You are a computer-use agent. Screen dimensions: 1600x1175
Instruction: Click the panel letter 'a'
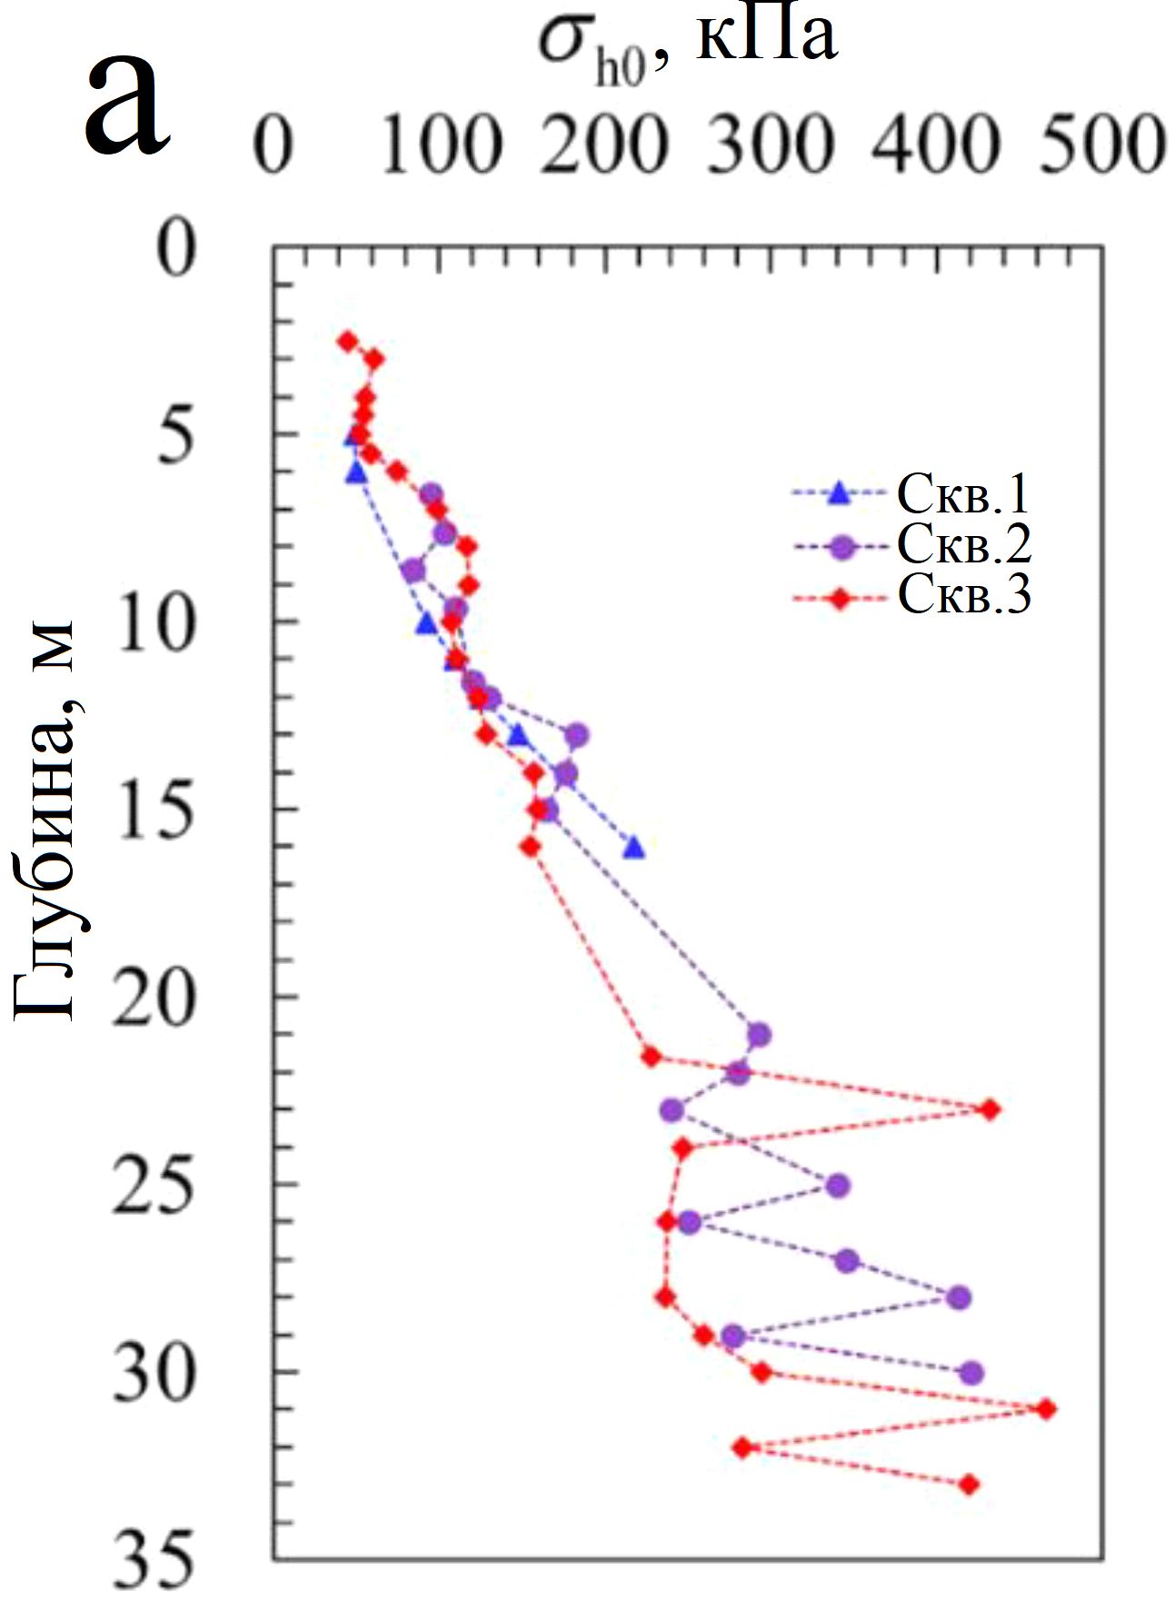tap(127, 104)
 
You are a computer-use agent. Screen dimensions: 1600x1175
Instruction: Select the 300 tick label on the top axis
tap(770, 146)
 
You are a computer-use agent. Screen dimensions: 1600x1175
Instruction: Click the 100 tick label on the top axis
tap(440, 146)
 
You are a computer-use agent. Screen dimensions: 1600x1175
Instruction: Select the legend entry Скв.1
tap(963, 495)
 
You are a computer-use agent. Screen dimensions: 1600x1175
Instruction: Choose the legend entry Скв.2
tap(963, 546)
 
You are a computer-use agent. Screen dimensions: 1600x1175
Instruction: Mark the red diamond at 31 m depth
tap(1047, 1409)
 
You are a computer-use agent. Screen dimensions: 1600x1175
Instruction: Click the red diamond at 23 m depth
tap(991, 1109)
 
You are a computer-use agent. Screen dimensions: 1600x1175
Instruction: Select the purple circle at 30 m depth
tap(971, 1372)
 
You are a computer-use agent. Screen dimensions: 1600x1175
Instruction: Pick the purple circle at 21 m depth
tap(759, 1035)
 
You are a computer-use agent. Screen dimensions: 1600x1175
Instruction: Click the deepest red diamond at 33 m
tap(970, 1485)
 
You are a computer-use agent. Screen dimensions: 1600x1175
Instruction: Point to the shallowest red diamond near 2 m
tap(346, 341)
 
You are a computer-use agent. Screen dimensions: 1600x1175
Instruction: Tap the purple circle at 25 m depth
tap(837, 1186)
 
